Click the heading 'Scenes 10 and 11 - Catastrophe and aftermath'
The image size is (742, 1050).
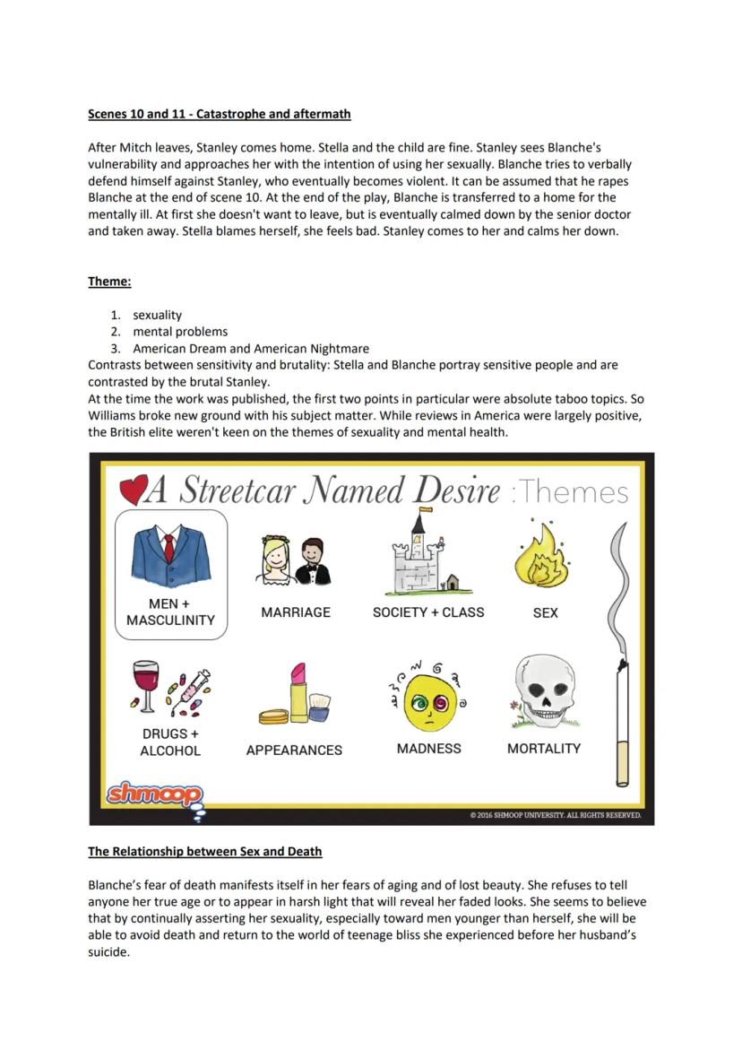click(219, 114)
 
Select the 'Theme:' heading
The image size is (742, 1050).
click(109, 282)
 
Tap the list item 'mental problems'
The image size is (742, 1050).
click(180, 331)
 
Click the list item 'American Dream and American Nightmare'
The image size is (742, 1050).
click(251, 348)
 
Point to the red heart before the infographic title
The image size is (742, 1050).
click(132, 490)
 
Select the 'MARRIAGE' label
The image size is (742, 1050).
click(296, 612)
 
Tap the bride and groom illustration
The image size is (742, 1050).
click(296, 560)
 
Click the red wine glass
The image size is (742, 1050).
click(144, 686)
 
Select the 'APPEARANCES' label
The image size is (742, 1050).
click(294, 751)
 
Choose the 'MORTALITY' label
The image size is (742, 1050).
click(544, 749)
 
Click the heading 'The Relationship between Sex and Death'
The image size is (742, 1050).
click(204, 851)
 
